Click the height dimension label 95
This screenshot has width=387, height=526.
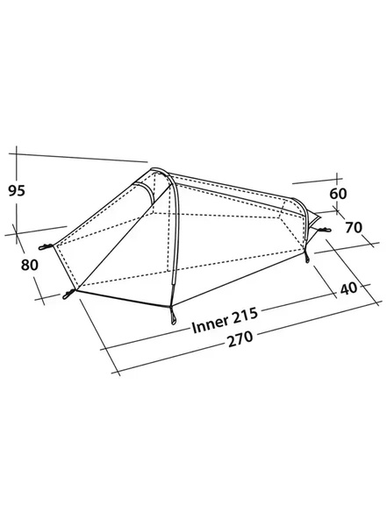click(x=17, y=190)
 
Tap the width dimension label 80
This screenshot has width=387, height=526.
click(x=30, y=265)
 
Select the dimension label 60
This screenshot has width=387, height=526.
click(x=338, y=194)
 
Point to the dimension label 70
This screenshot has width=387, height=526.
click(x=354, y=227)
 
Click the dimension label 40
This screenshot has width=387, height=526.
click(x=348, y=288)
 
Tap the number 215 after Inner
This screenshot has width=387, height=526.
click(x=245, y=316)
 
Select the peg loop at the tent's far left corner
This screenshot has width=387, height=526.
click(x=46, y=247)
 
